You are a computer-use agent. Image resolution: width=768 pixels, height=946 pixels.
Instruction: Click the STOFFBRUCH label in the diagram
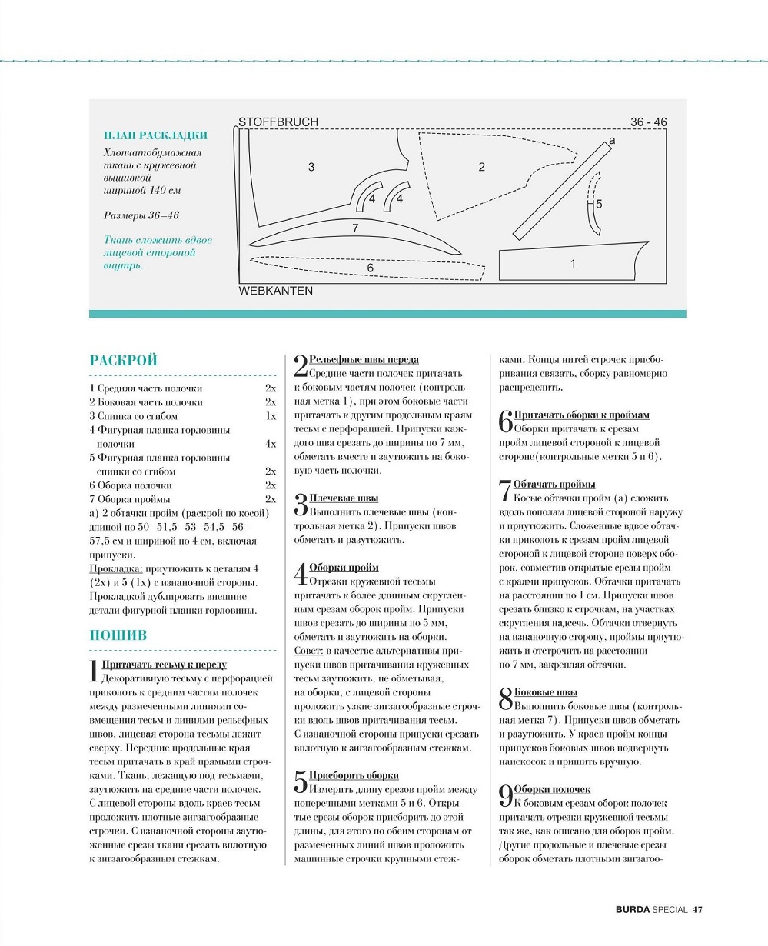[278, 122]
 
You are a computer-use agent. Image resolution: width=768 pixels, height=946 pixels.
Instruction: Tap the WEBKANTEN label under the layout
[275, 291]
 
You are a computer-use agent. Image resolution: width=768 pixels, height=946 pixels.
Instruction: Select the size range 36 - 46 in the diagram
[648, 122]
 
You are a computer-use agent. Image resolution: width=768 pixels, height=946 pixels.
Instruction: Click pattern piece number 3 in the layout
[311, 167]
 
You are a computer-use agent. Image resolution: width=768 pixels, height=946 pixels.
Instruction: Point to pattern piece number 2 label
[482, 167]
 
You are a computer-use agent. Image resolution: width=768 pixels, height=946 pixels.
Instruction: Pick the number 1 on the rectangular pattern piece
[573, 264]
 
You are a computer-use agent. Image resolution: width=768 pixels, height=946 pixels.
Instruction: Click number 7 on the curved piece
[355, 228]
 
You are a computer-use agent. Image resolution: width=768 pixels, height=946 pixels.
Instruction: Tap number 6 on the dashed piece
[370, 268]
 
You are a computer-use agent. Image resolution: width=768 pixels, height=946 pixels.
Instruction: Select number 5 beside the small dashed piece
[599, 204]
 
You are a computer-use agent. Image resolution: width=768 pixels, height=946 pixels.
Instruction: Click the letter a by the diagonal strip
[612, 141]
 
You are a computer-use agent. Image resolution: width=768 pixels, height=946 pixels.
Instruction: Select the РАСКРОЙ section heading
[124, 360]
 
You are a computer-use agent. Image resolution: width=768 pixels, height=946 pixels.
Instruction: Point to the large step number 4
[301, 575]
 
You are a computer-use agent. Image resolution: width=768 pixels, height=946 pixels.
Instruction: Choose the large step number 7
[504, 491]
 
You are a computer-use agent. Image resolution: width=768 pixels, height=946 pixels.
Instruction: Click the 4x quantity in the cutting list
[271, 444]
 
